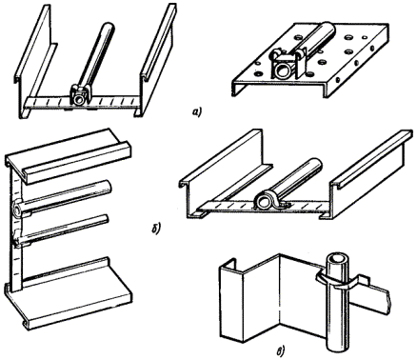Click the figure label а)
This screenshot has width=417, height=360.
point(197,111)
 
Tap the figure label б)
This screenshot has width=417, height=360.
point(157,228)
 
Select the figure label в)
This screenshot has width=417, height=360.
point(281,351)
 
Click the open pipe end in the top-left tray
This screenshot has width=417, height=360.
point(78,100)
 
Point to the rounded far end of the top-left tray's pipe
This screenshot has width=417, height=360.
point(109,27)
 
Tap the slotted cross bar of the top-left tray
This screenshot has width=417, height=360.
point(83,101)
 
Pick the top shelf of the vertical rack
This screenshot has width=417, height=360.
point(69,155)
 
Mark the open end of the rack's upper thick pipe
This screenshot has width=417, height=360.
point(16,210)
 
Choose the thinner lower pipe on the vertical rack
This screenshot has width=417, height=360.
point(62,230)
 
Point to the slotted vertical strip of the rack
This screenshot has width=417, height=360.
point(16,229)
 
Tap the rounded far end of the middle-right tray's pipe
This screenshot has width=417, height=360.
point(315,164)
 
